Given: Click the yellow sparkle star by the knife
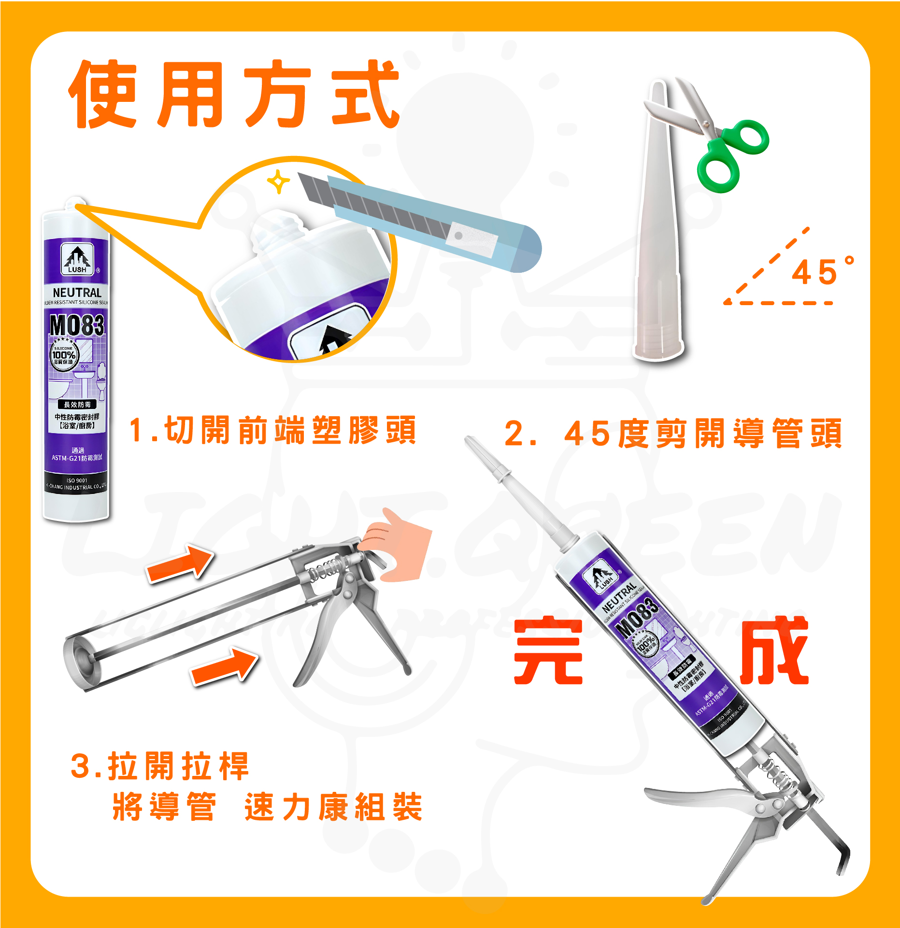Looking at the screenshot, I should click(278, 182).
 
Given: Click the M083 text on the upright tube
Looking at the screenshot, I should click(77, 324).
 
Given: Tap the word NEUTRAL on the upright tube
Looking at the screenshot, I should click(77, 293).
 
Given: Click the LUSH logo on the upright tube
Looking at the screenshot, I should click(77, 259).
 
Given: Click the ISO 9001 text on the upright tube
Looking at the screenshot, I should click(77, 480).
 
